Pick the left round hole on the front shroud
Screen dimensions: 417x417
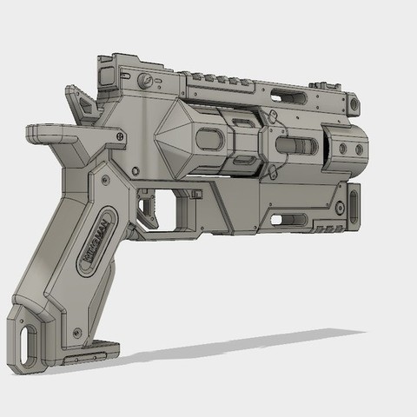click(x=341, y=149)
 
